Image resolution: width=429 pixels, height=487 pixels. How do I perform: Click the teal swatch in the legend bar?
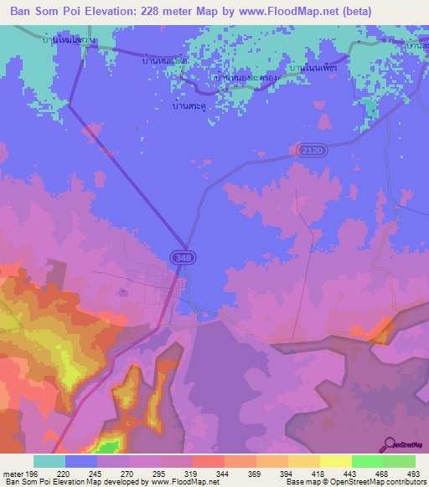point(49,461)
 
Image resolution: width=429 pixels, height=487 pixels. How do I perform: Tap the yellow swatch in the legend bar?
point(335,461)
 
